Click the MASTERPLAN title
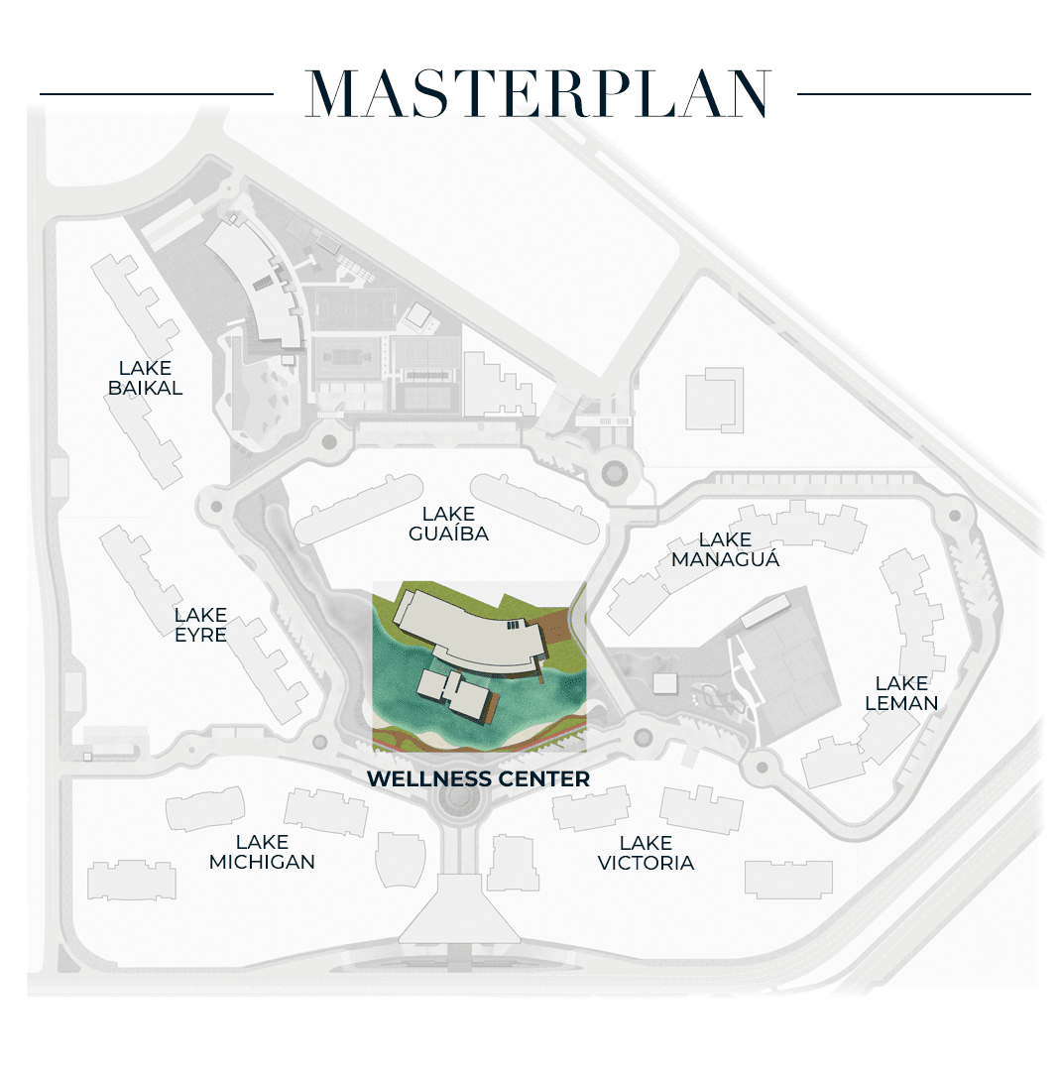click(538, 93)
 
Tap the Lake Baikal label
click(146, 378)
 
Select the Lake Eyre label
click(201, 625)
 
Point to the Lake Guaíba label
click(449, 524)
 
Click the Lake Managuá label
click(726, 549)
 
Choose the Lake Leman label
click(901, 692)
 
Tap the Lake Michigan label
click(263, 852)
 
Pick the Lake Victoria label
click(647, 853)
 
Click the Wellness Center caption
click(478, 778)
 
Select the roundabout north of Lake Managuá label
click(614, 472)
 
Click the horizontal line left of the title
click(157, 94)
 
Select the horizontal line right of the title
click(914, 94)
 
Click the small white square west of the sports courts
click(664, 683)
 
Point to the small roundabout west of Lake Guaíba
click(216, 507)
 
